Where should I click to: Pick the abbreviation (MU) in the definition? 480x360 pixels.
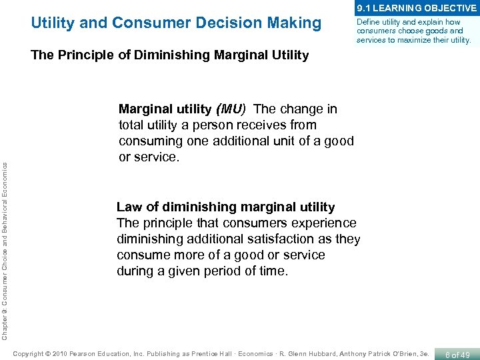pyautogui.click(x=229, y=109)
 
